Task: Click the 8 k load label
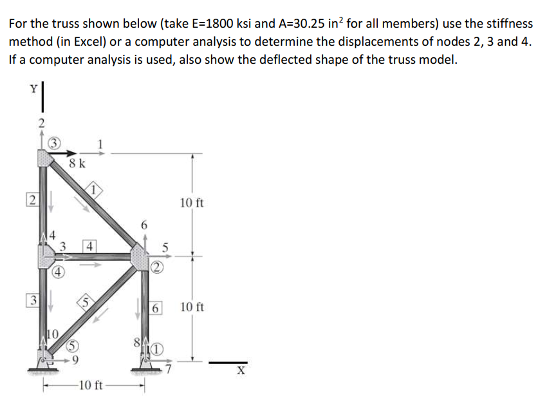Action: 77,164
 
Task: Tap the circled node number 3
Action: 56,142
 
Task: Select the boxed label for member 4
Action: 90,245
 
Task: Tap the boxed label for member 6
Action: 156,308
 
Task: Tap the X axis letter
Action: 241,371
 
